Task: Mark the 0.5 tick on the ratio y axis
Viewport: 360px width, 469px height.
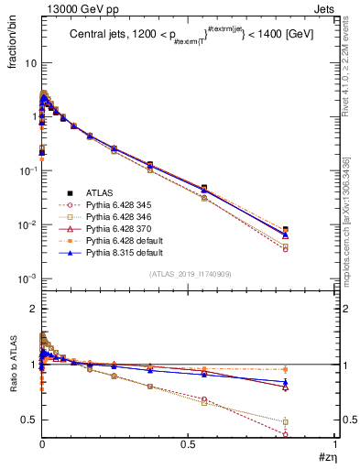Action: click(29, 420)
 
